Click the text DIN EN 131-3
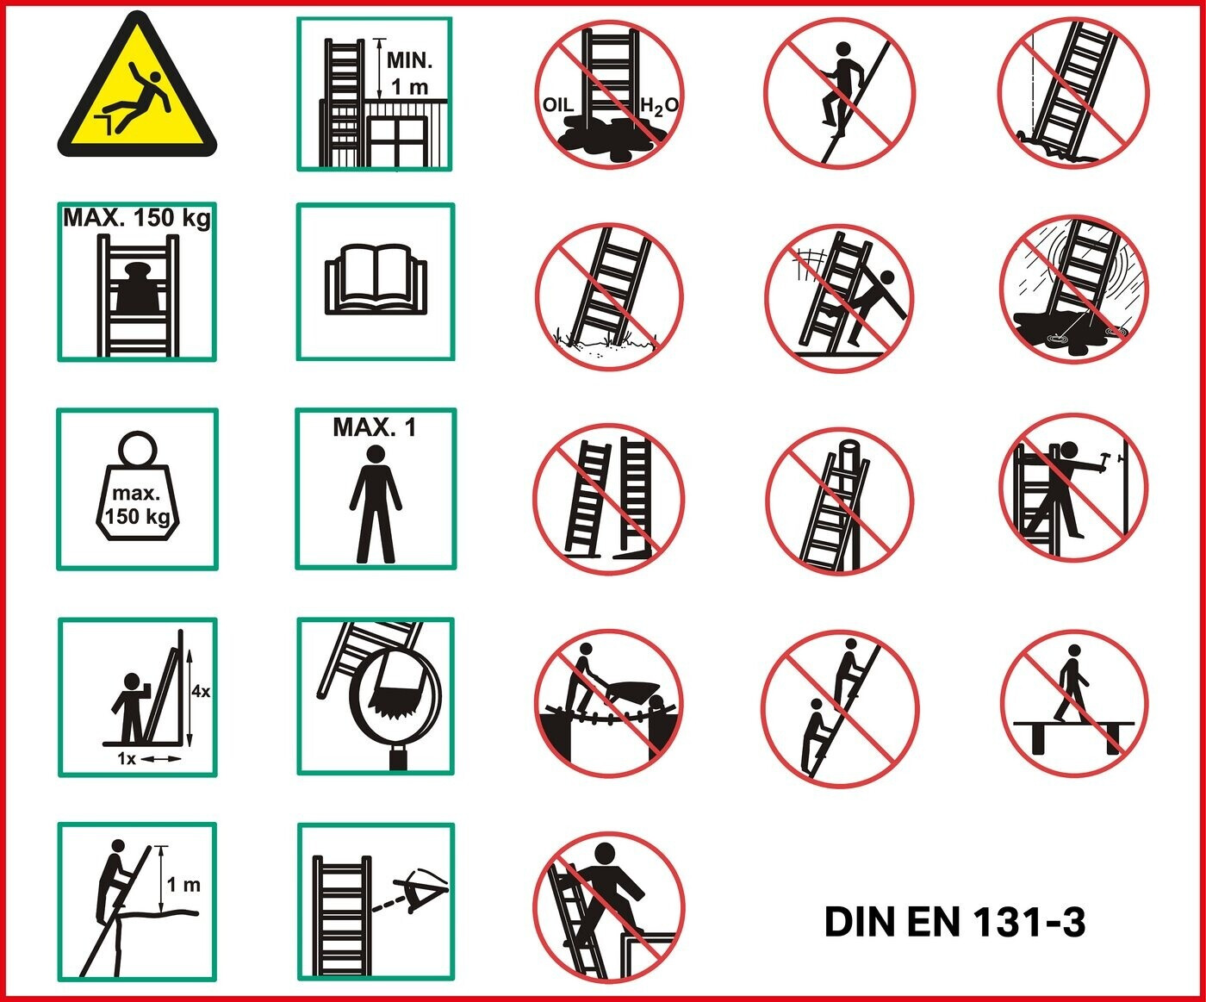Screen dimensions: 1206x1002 [x=954, y=921]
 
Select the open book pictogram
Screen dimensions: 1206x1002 [x=376, y=280]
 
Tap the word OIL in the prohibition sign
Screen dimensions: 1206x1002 [x=558, y=104]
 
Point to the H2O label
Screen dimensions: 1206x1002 [x=659, y=106]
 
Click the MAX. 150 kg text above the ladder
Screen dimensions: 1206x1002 [x=137, y=218]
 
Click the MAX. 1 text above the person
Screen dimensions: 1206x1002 [x=374, y=427]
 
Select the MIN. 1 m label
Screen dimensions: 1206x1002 [x=409, y=73]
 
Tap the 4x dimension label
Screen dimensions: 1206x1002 [x=201, y=690]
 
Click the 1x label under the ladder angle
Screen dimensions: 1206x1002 [x=127, y=759]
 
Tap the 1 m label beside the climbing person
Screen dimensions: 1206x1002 [x=183, y=885]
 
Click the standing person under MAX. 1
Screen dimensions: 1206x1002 [x=376, y=503]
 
